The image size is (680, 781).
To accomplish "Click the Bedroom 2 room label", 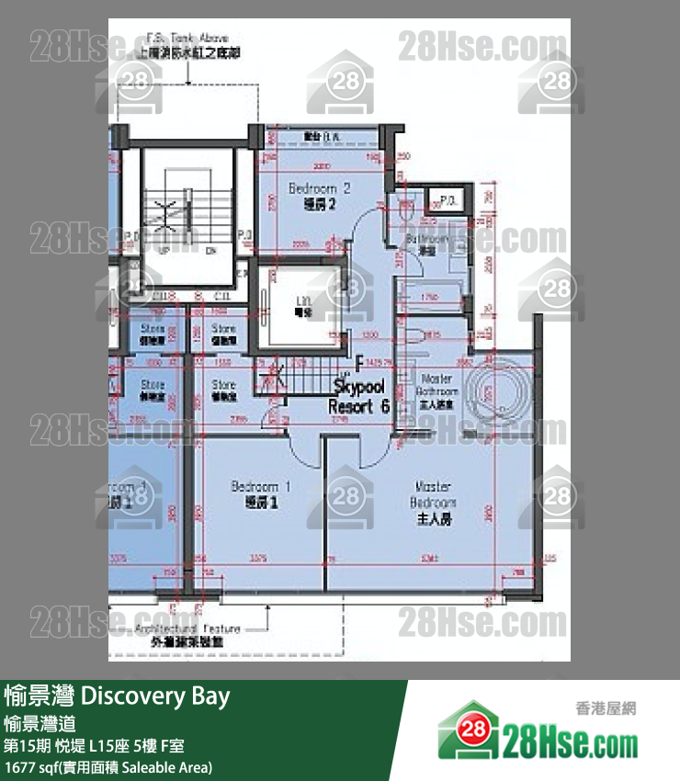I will coord(319,188).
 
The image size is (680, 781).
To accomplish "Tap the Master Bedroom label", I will coord(433,494).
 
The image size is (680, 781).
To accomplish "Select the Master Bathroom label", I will coord(436,385).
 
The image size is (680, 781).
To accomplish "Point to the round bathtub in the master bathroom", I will coord(497,395).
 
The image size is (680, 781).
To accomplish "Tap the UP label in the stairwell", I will coord(164,249).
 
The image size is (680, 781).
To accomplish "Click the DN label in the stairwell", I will coord(210,249).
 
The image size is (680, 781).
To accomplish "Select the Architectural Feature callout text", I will coord(187,628).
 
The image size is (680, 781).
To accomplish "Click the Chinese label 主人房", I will coord(434,520).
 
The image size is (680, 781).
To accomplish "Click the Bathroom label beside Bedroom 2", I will coord(427,239).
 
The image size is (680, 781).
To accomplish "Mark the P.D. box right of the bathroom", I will coord(449,200).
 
